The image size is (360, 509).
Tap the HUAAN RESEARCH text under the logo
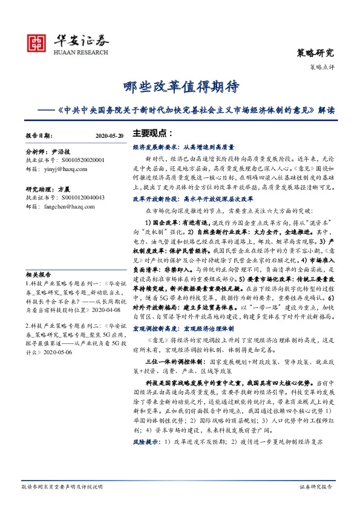(x=79, y=52)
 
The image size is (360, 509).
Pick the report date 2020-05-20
(x=110, y=136)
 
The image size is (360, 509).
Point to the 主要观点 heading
(x=152, y=132)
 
